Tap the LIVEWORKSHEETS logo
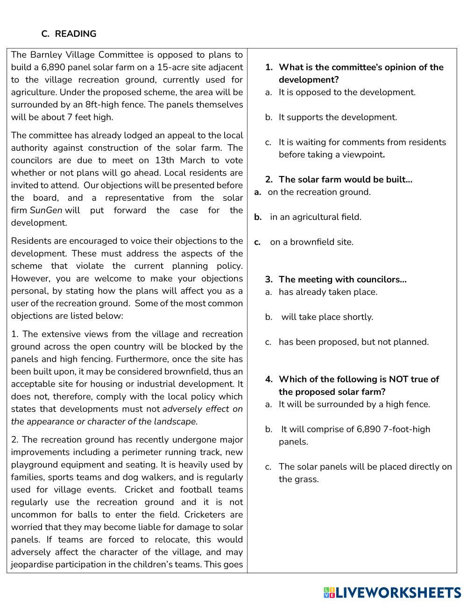point(392,593)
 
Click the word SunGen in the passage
point(46,210)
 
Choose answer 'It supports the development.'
point(338,117)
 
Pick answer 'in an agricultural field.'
point(315,217)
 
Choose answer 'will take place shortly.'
point(327,317)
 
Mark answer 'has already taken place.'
point(328,292)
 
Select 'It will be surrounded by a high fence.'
point(354,404)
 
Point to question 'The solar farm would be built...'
point(345,179)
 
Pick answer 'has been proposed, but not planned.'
point(354,342)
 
